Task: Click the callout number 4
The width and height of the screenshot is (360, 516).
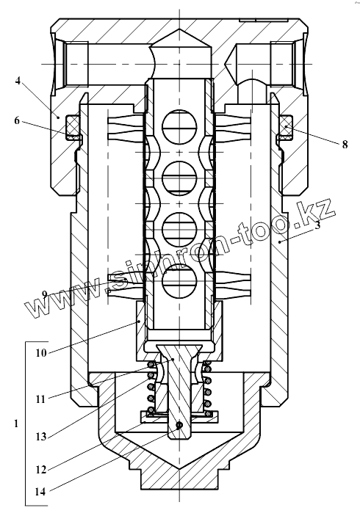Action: (18, 81)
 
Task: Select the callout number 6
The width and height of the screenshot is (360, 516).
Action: (17, 121)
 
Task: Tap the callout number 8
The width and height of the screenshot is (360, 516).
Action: (345, 145)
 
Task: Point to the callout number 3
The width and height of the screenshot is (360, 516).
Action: (317, 225)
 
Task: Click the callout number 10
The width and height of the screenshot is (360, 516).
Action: (41, 354)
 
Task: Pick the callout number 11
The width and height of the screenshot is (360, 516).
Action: (40, 399)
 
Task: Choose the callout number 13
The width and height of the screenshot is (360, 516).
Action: (41, 437)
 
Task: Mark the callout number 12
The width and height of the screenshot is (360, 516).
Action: (41, 470)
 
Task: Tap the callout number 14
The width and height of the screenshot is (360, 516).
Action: (40, 493)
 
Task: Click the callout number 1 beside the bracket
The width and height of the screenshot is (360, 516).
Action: (16, 424)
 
